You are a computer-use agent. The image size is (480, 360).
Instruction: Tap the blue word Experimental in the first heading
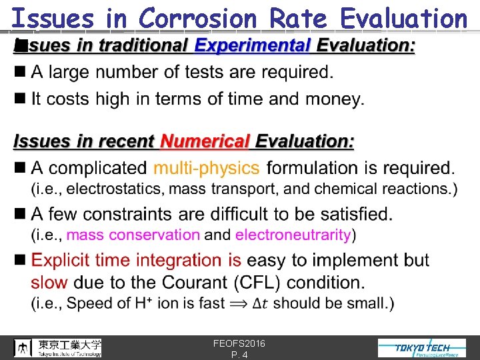pos(253,47)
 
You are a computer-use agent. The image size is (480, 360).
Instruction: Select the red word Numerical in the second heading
pos(205,141)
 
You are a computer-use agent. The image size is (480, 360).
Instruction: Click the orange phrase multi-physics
pos(206,168)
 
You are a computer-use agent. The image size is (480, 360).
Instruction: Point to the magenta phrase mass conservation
pos(133,235)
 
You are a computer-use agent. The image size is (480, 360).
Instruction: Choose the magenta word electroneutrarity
pos(293,235)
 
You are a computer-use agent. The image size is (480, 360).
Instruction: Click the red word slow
pos(49,281)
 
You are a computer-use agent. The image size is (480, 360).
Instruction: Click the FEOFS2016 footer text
pos(239,343)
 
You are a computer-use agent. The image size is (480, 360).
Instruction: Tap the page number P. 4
pos(239,355)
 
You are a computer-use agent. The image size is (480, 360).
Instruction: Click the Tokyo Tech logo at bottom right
pos(422,348)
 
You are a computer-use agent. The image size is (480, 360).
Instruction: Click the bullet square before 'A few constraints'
pos(19,214)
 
